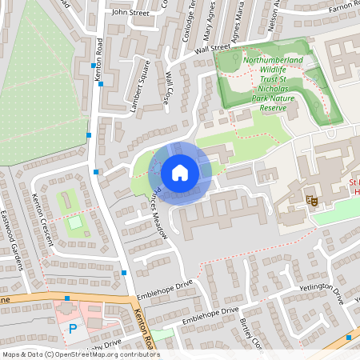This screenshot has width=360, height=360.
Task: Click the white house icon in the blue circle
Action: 180,173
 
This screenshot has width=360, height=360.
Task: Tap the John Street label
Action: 131,13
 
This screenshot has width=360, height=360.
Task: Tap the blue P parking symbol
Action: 74,328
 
